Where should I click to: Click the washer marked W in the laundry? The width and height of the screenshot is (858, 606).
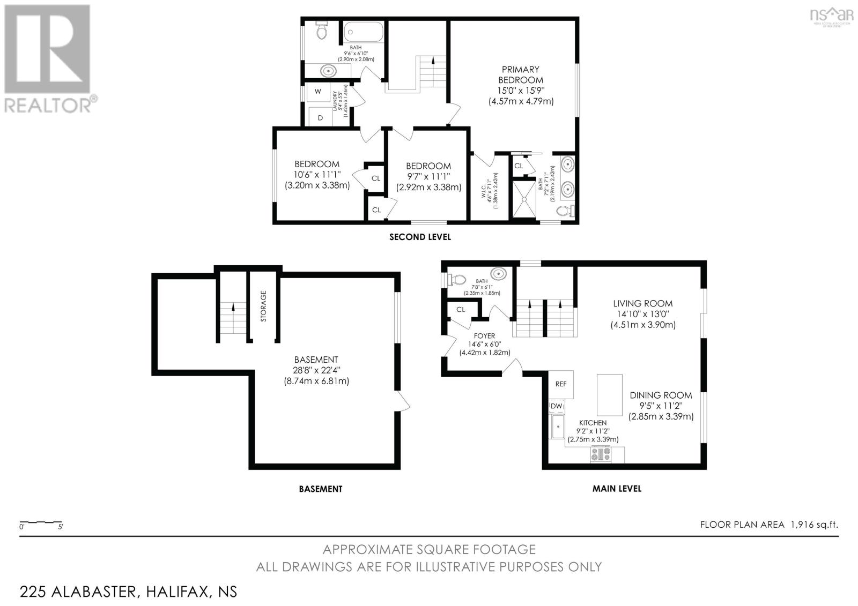pos(318,92)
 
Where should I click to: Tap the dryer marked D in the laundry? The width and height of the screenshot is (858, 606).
pos(320,117)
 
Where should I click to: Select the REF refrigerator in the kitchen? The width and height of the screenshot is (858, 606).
pos(561,384)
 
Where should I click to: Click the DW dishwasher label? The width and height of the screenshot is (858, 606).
pos(556,407)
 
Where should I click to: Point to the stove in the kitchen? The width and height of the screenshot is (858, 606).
pos(601,454)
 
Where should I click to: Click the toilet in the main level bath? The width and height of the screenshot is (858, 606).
pos(456,280)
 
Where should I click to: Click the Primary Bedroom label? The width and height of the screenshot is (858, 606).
pos(520,74)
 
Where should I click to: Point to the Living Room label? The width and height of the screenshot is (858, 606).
pos(642,303)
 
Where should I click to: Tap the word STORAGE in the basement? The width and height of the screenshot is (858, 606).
pos(263,306)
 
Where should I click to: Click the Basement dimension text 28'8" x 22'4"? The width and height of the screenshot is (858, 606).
pos(316,370)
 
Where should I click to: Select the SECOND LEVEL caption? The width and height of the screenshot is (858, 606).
pos(420,237)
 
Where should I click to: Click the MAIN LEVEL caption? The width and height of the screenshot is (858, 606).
pos(617,489)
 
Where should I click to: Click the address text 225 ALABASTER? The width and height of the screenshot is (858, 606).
pos(79,592)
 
